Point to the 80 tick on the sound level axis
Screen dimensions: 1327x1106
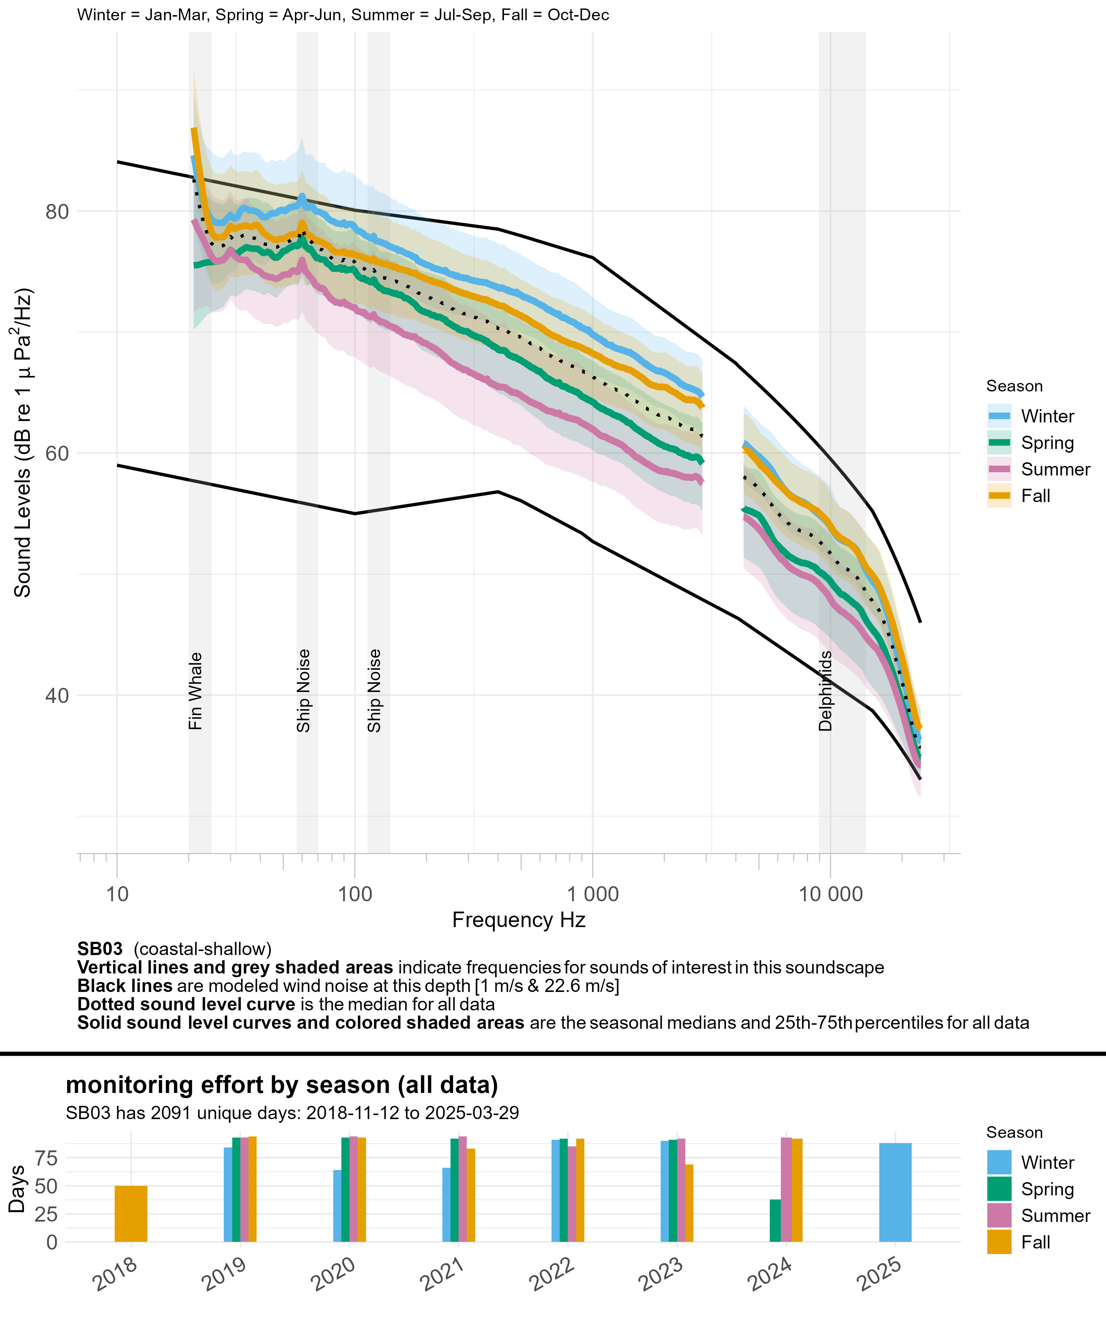coord(57,212)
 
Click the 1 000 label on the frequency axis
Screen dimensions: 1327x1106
coord(592,894)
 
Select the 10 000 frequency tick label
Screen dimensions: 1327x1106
coord(831,894)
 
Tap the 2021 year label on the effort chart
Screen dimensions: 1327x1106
coord(442,1273)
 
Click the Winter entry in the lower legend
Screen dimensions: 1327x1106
coord(1047,1163)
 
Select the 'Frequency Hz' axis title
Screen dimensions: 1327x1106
coord(519,920)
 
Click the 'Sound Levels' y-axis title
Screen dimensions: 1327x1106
coord(23,442)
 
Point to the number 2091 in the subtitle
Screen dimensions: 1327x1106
coord(171,1113)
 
